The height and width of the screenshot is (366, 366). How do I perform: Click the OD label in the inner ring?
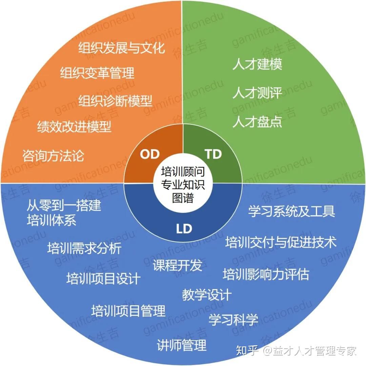pyautogui.click(x=150, y=154)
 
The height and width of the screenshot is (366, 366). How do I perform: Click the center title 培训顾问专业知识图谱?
pyautogui.click(x=183, y=185)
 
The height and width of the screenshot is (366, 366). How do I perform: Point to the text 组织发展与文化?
pyautogui.click(x=122, y=48)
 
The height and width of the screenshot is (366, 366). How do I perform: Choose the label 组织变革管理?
pyautogui.click(x=97, y=73)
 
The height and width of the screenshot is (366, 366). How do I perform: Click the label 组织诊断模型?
pyautogui.click(x=116, y=101)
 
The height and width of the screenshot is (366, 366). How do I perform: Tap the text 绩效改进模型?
pyautogui.click(x=74, y=127)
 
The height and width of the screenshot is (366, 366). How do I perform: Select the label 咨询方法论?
pyautogui.click(x=53, y=156)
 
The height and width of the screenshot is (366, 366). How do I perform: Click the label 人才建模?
pyautogui.click(x=257, y=64)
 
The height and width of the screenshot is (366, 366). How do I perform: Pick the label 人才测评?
pyautogui.click(x=257, y=93)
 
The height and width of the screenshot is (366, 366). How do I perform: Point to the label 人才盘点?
pyautogui.click(x=257, y=122)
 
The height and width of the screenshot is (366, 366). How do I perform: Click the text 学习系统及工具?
pyautogui.click(x=292, y=211)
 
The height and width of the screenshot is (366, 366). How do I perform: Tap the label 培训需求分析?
pyautogui.click(x=84, y=248)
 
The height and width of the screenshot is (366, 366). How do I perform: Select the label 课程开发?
pyautogui.click(x=178, y=265)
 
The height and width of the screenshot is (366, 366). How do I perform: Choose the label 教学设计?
pyautogui.click(x=207, y=294)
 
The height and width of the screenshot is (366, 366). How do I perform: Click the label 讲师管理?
pyautogui.click(x=182, y=345)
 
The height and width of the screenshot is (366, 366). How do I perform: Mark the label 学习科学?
pyautogui.click(x=233, y=319)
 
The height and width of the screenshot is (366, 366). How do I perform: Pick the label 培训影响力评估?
pyautogui.click(x=266, y=274)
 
